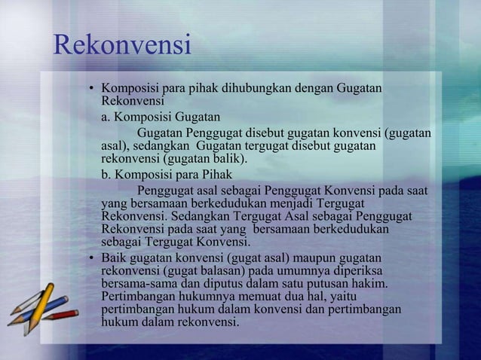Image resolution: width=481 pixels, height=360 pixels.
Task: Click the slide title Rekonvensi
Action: tap(122, 47)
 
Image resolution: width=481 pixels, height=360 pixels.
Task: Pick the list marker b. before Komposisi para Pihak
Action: tap(106, 173)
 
